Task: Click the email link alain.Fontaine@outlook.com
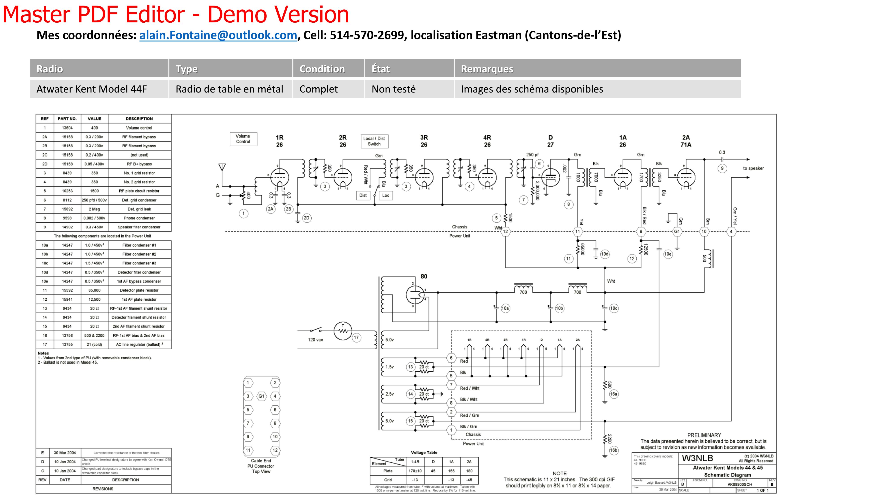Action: (x=218, y=35)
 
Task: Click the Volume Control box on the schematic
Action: (x=243, y=139)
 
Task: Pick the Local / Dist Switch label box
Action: (x=374, y=141)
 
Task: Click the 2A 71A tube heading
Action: (x=686, y=141)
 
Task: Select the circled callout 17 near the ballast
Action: (x=356, y=337)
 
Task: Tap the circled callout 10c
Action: (x=614, y=308)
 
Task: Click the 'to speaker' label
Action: (x=753, y=168)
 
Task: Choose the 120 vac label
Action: (x=315, y=340)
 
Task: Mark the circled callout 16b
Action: (x=614, y=450)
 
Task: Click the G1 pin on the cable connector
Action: (x=261, y=396)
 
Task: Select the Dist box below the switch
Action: (x=363, y=196)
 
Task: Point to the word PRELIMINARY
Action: (x=704, y=435)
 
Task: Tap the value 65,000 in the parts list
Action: (x=94, y=291)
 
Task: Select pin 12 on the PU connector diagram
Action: (x=275, y=450)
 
